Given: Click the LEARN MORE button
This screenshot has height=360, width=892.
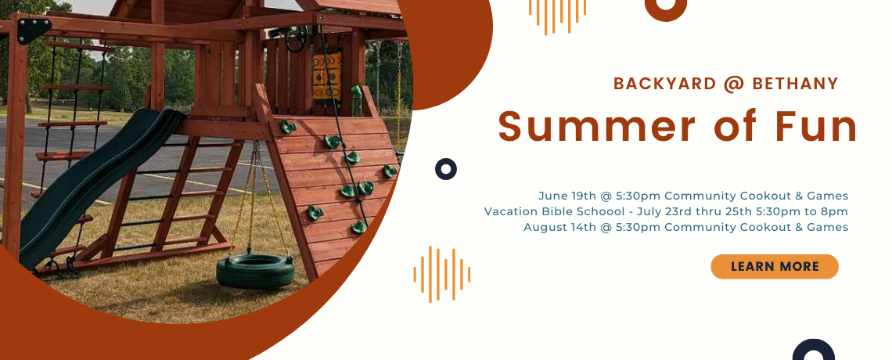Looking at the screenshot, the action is coord(775,267).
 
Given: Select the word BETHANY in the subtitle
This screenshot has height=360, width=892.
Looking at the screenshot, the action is coord(795,84).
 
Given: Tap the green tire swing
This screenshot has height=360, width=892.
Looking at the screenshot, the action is coord(255,271).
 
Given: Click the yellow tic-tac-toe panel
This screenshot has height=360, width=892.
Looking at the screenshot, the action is coord(326,76).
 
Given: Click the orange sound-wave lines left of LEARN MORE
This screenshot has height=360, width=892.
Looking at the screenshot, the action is coord(442,274).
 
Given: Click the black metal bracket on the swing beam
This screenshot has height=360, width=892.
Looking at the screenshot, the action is coord(34,30).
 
